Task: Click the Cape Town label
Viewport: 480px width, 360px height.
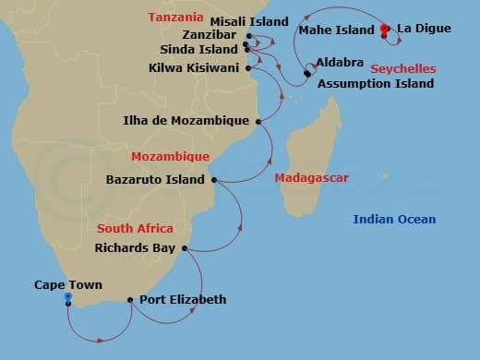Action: tap(68, 285)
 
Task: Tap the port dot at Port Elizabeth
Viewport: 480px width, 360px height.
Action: tap(130, 299)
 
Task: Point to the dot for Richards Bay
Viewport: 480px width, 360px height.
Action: tap(186, 248)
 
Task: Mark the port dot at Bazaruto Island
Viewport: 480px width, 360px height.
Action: tap(214, 180)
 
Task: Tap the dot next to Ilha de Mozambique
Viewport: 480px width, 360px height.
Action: tap(258, 121)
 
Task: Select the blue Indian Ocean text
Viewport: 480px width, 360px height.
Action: tap(394, 219)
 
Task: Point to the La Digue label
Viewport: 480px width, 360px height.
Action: tap(424, 30)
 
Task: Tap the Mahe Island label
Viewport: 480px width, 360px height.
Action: tap(336, 30)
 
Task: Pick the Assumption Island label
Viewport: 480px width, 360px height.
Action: tap(375, 83)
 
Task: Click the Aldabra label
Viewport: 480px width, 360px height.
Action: tap(334, 63)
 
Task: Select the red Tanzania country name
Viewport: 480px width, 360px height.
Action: tap(175, 18)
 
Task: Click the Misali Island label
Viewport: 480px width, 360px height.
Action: tap(250, 20)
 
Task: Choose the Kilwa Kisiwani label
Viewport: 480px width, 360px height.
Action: tap(194, 67)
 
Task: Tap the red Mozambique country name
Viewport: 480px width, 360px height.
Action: tap(170, 156)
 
